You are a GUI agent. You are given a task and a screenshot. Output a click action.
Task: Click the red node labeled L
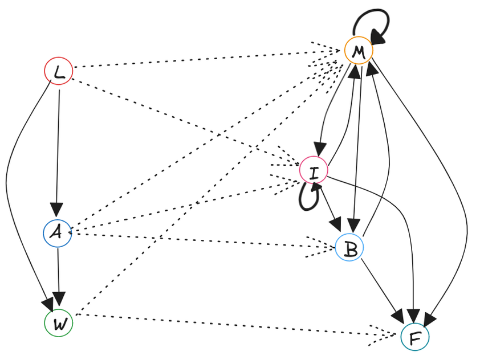[59, 71]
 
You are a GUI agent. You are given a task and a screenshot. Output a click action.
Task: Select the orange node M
[359, 51]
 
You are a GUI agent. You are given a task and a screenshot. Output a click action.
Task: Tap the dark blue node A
[58, 233]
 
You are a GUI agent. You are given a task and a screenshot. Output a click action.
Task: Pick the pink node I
[314, 170]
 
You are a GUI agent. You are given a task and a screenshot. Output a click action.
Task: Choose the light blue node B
[349, 247]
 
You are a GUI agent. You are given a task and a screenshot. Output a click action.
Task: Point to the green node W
[59, 323]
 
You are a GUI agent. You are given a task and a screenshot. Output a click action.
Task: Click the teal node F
[414, 337]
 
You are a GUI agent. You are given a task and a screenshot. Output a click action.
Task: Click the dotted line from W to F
[228, 324]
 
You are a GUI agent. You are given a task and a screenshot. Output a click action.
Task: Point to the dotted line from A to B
[200, 239]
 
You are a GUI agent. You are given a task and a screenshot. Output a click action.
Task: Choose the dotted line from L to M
[200, 60]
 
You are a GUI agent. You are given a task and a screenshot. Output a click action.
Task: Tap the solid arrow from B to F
[382, 288]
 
